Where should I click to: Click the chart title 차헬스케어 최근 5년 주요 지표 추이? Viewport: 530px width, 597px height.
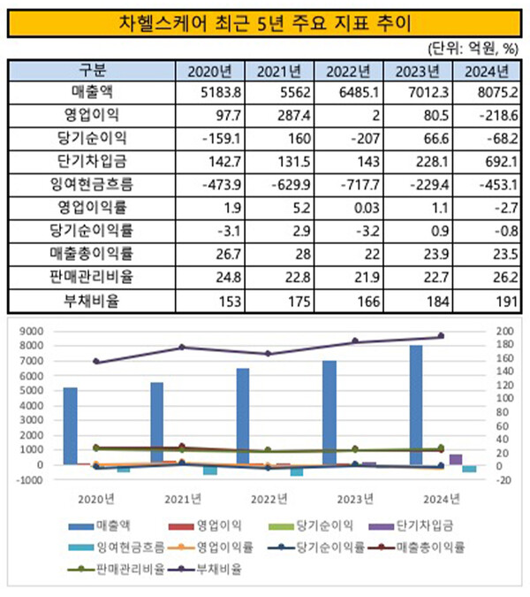(x=264, y=19)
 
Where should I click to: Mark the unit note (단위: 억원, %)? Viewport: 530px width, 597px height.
(x=473, y=48)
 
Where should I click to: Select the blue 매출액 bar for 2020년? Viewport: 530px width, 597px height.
(x=70, y=425)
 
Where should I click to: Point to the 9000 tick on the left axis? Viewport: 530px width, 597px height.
(x=34, y=331)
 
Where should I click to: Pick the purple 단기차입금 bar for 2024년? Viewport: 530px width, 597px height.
(x=455, y=459)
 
